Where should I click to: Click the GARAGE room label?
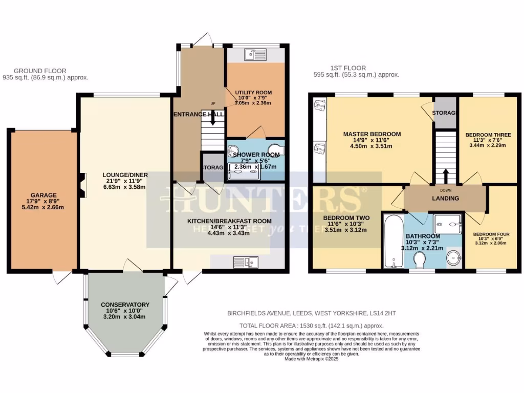click(43, 194)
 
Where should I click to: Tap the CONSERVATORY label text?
click(125, 304)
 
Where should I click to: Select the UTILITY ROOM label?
click(253, 93)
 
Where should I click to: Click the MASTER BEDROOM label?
click(372, 134)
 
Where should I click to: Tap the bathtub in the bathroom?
click(393, 241)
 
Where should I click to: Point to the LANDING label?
click(445, 199)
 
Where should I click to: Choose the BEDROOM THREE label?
click(485, 135)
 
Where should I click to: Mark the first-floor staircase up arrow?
click(445, 175)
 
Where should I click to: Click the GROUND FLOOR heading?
click(40, 71)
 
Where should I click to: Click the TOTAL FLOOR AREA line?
click(311, 325)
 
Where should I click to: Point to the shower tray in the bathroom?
click(448, 224)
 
